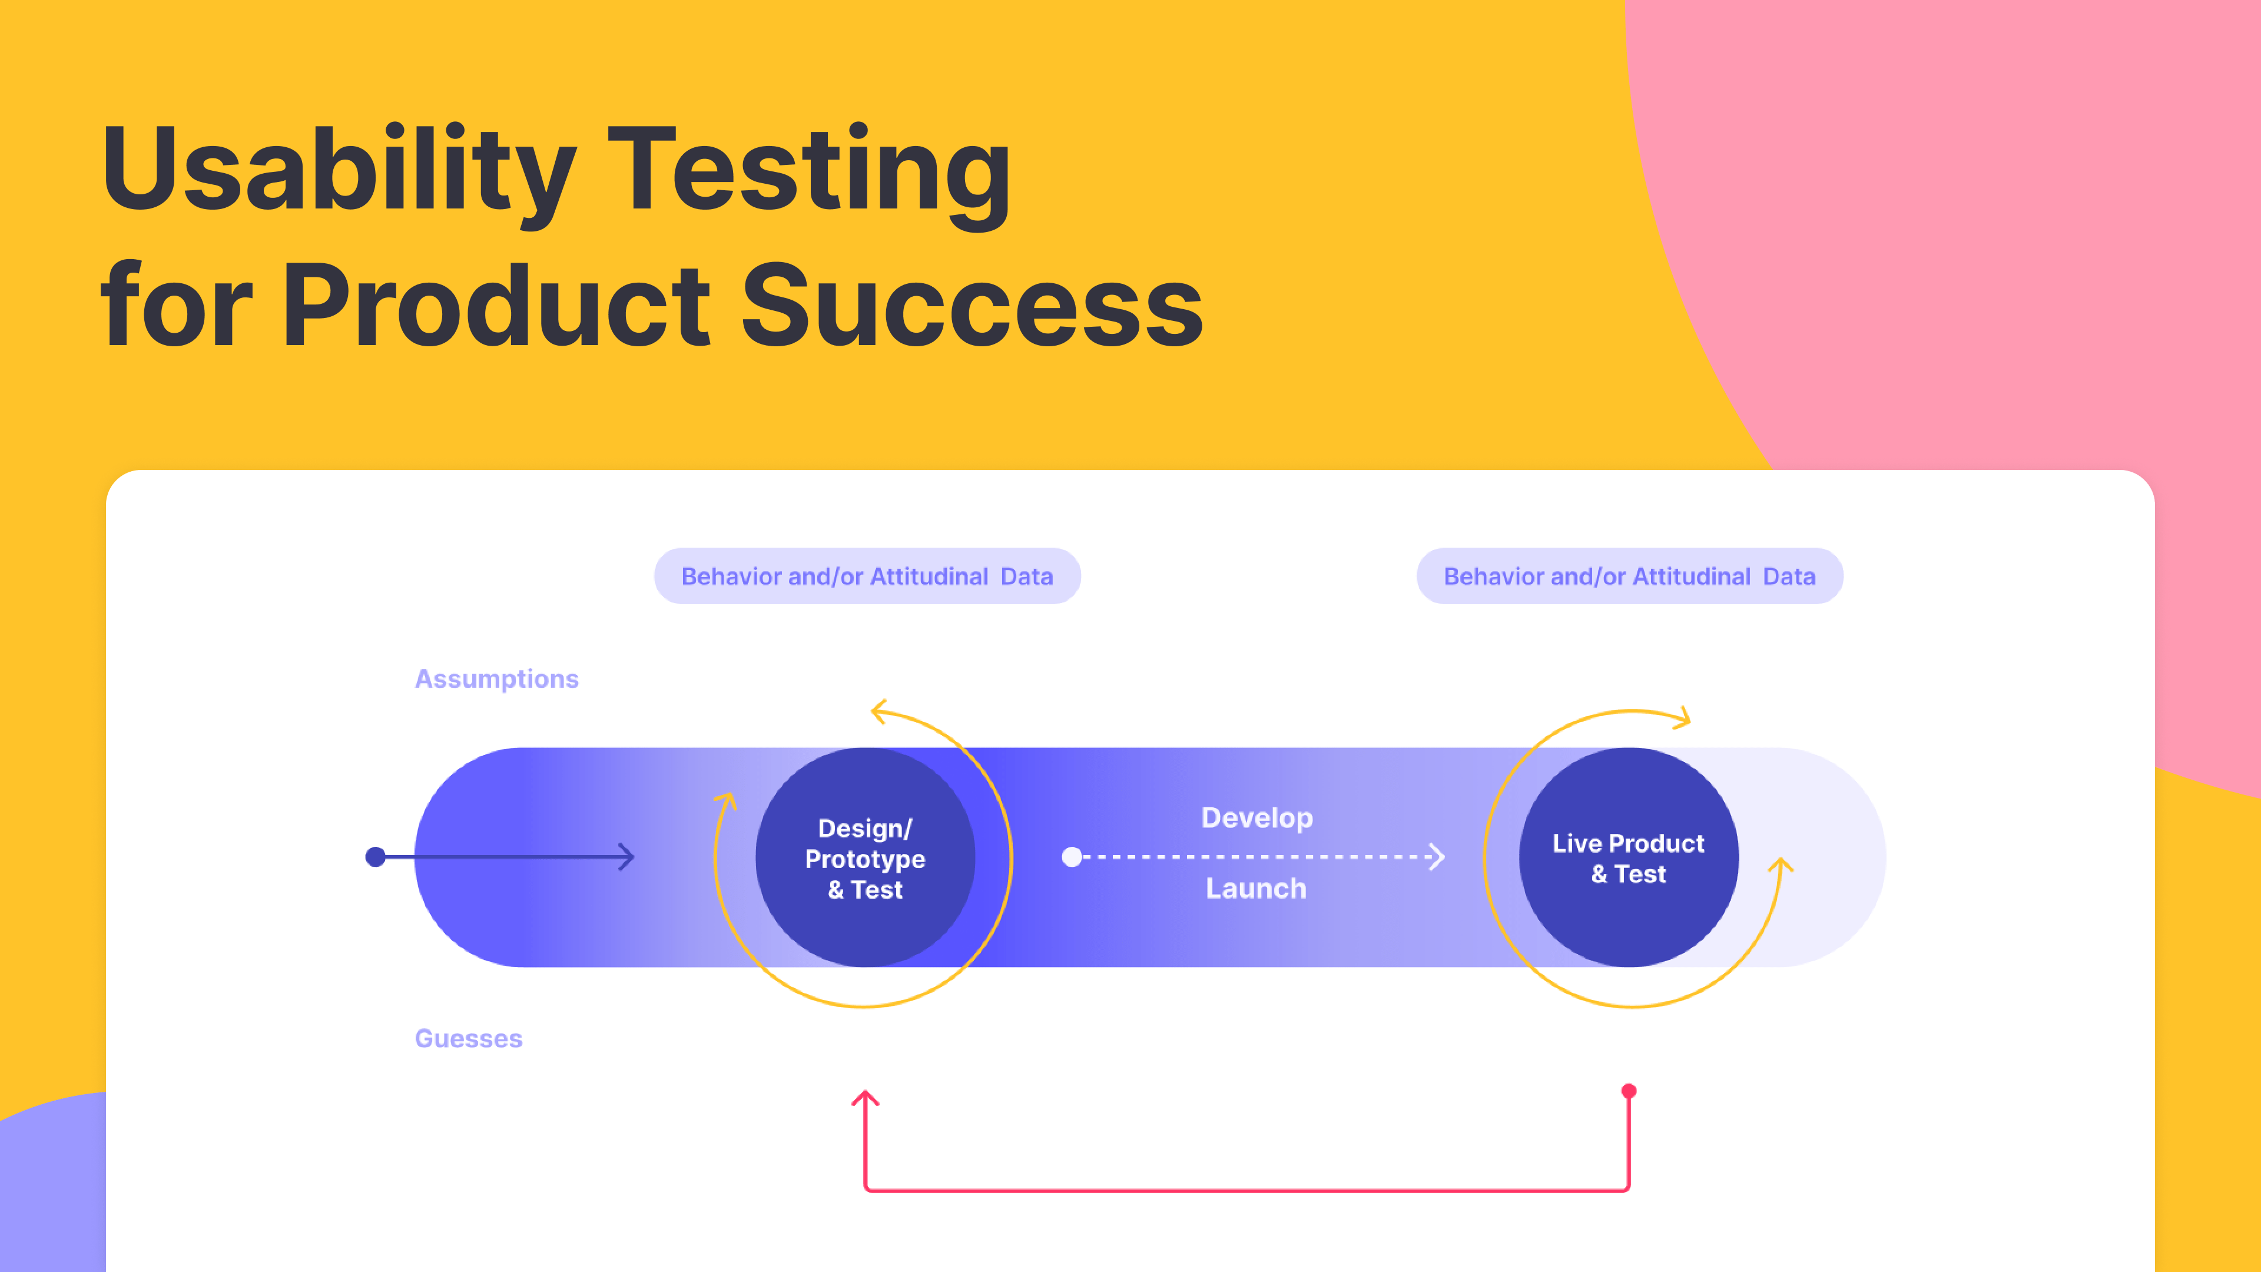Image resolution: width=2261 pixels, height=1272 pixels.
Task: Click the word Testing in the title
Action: click(x=808, y=171)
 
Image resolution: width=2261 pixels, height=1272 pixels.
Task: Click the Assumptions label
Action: click(x=497, y=678)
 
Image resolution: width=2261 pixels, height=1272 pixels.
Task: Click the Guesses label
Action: click(x=468, y=1038)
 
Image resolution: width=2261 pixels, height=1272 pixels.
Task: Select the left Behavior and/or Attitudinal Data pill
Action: click(x=867, y=576)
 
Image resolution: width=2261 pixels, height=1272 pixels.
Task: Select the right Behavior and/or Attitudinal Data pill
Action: click(x=1629, y=576)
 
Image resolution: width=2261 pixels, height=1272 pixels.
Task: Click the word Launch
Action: click(x=1256, y=889)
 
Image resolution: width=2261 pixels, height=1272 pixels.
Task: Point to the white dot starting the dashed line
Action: click(x=1072, y=857)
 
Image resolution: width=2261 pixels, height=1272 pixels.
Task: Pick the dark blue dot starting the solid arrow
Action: click(x=376, y=857)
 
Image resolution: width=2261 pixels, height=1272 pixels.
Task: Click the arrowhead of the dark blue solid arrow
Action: click(x=626, y=857)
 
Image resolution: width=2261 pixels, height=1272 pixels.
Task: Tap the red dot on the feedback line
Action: click(x=1629, y=1091)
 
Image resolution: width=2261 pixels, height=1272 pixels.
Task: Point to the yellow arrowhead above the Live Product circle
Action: click(x=1683, y=718)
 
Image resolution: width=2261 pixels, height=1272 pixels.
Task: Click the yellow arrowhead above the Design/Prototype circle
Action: click(x=878, y=711)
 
